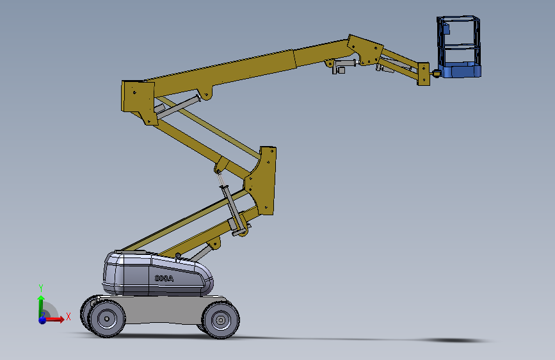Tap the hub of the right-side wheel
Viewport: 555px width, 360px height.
point(221,318)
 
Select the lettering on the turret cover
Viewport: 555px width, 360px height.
point(165,279)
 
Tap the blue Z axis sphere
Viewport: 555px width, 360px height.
point(42,319)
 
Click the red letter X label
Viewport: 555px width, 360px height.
point(68,316)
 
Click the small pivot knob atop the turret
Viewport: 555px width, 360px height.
point(177,256)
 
